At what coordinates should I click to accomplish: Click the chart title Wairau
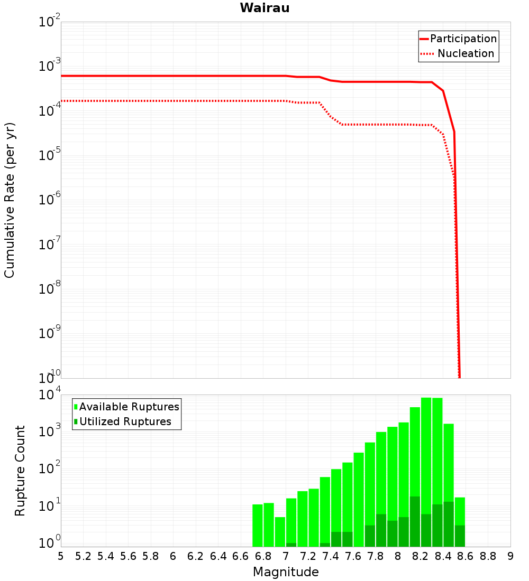(264, 8)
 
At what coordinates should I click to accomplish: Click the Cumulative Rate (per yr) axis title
(10, 200)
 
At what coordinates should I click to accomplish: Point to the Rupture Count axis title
(20, 471)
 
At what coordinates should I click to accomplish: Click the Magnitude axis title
(286, 572)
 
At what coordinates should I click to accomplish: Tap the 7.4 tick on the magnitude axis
(331, 556)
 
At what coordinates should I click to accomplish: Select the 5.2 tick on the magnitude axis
(84, 556)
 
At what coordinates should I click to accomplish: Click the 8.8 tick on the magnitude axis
(488, 556)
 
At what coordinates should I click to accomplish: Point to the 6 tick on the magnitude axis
(173, 556)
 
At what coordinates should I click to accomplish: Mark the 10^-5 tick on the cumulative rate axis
(50, 156)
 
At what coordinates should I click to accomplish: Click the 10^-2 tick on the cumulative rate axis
(50, 22)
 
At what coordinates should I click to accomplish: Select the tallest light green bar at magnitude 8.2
(426, 449)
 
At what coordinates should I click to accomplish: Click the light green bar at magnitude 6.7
(258, 526)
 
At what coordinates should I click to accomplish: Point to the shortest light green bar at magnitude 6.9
(280, 532)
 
